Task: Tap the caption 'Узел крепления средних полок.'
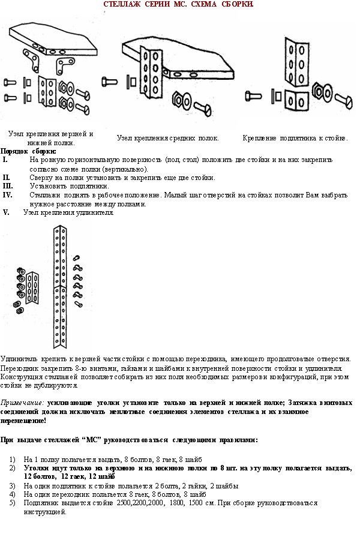[167, 138]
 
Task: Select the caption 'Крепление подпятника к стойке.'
[295, 138]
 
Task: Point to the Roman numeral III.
[8, 186]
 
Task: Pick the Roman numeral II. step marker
[7, 178]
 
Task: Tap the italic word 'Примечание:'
[22, 403]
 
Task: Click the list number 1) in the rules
[13, 459]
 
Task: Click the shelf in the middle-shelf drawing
[180, 57]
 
